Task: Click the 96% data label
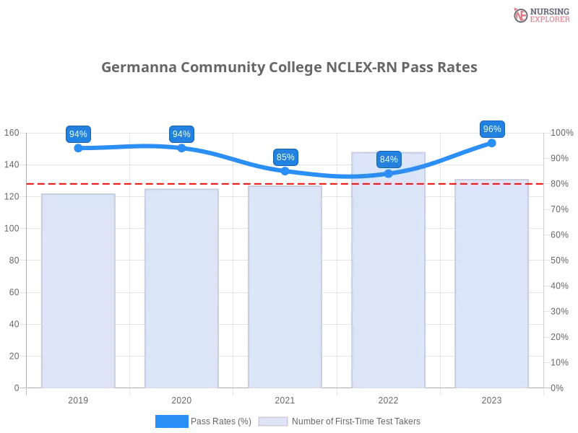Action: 492,129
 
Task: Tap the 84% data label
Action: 389,159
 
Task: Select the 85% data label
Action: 285,157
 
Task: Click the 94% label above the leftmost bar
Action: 77,134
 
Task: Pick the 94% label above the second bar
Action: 181,134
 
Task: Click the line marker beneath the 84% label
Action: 389,174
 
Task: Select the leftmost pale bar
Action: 78,289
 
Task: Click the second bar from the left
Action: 182,289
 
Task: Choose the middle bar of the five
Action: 285,289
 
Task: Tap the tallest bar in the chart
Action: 388,274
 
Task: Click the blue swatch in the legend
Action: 172,421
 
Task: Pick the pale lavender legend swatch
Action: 273,421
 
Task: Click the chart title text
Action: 289,67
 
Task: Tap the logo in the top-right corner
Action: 540,14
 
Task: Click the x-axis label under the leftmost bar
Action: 78,398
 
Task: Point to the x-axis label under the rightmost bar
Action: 491,398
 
